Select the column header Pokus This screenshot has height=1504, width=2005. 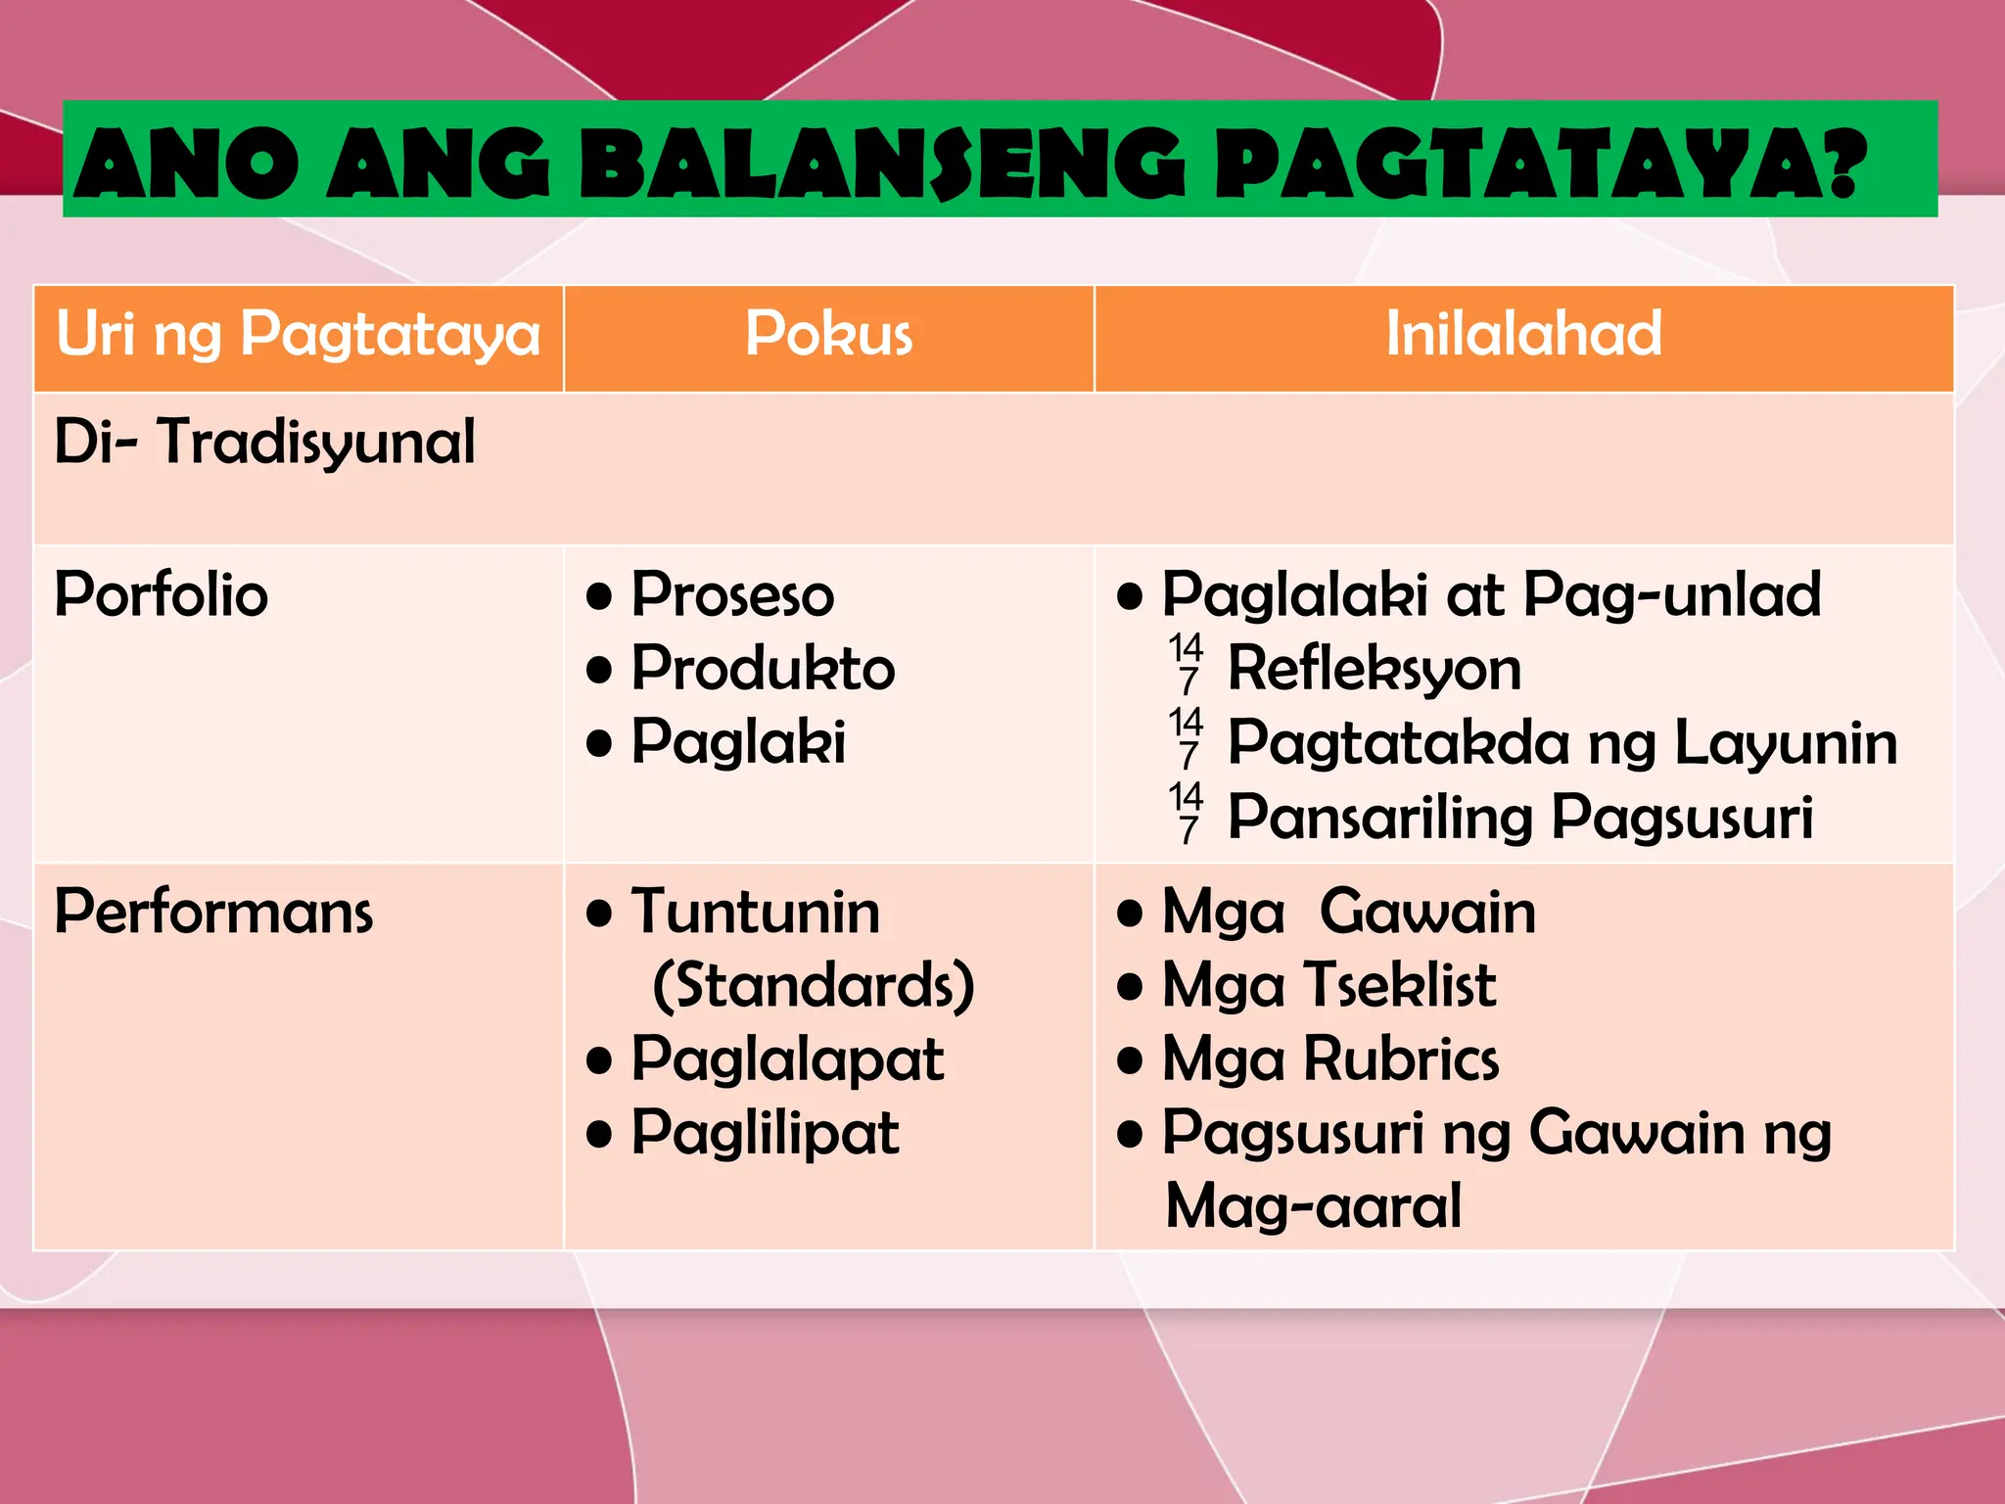[828, 335]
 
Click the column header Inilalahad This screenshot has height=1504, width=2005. [1523, 335]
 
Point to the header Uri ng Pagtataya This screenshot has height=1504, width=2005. [298, 335]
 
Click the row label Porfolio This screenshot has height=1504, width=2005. [162, 595]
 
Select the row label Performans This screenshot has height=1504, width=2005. [213, 913]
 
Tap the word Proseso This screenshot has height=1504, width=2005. [732, 595]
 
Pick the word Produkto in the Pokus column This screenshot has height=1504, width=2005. [763, 670]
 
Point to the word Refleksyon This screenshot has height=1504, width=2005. [1375, 670]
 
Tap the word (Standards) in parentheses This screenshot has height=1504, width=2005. [814, 985]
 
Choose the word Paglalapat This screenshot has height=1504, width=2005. [787, 1059]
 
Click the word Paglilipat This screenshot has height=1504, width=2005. [765, 1134]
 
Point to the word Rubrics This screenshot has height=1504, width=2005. [1401, 1059]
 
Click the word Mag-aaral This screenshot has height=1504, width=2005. [1314, 1206]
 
